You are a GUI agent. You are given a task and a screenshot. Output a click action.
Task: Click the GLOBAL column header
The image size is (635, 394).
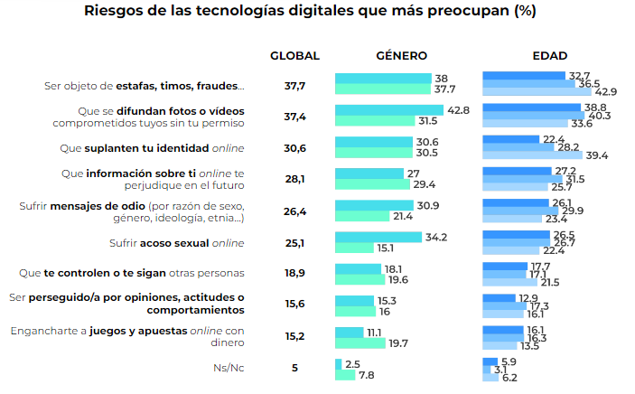[294, 56]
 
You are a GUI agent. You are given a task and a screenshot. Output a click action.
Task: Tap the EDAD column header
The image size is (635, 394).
[549, 56]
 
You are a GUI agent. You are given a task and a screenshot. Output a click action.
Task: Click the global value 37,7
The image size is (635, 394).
[294, 86]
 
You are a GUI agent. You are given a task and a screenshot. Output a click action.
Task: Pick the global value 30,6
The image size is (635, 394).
[294, 148]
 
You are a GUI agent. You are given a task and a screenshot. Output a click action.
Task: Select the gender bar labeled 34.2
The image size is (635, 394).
[378, 237]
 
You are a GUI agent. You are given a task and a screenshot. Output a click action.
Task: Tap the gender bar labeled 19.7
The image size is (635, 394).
[360, 342]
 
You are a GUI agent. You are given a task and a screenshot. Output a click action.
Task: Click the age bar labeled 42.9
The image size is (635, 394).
[537, 92]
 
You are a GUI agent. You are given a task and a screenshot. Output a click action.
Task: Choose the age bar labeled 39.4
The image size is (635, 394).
[533, 155]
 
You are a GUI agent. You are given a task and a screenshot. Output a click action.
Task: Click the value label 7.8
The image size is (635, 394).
[367, 375]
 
